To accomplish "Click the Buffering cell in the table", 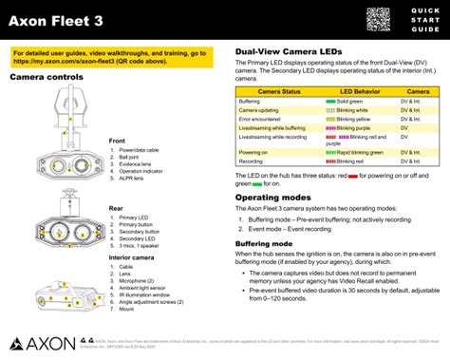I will pyautogui.click(x=250, y=101).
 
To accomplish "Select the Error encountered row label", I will pyautogui.click(x=263, y=118).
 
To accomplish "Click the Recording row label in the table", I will pyautogui.click(x=252, y=161).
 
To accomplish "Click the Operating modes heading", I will pyautogui.click(x=273, y=198).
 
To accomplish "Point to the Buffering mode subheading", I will pyautogui.click(x=270, y=243).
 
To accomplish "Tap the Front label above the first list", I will pyautogui.click(x=118, y=141).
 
